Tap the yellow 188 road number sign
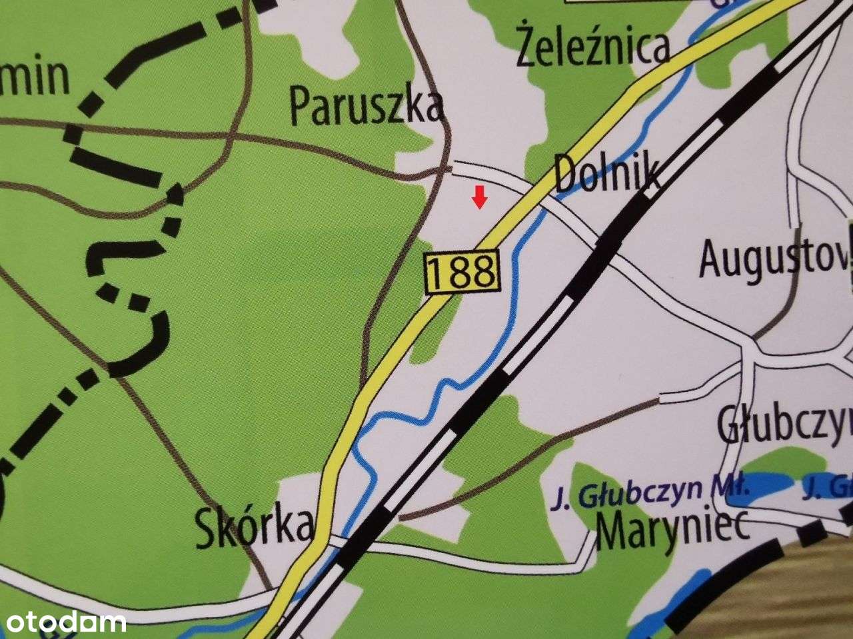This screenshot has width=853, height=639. (461, 271)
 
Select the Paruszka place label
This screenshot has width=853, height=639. (367, 107)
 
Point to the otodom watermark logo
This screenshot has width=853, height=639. (63, 622)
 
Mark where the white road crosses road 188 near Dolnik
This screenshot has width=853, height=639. (530, 191)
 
